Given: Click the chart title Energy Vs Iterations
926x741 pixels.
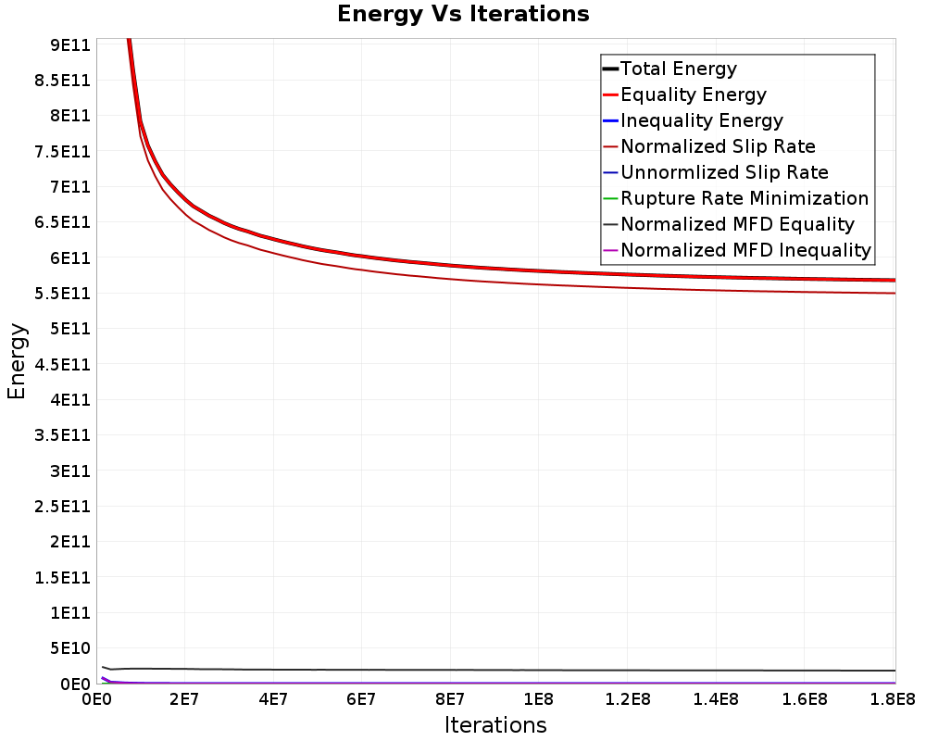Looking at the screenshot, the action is pyautogui.click(x=463, y=14).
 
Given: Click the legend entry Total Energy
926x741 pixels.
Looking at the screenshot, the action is pyautogui.click(x=679, y=69).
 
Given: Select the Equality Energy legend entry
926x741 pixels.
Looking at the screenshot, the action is pyautogui.click(x=694, y=94).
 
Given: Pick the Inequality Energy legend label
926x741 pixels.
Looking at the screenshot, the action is pyautogui.click(x=702, y=120).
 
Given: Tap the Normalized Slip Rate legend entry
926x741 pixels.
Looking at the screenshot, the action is pyautogui.click(x=719, y=146).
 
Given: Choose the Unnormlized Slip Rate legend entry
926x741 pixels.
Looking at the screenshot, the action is pyautogui.click(x=725, y=172).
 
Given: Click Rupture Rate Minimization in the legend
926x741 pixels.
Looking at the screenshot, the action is pyautogui.click(x=745, y=198).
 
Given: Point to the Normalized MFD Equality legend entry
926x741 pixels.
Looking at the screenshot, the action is pyautogui.click(x=738, y=224).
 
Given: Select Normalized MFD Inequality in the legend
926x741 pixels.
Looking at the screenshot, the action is pyautogui.click(x=745, y=250).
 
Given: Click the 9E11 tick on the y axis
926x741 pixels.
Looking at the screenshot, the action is pyautogui.click(x=69, y=44).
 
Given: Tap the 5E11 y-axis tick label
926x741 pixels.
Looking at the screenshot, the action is pyautogui.click(x=69, y=329).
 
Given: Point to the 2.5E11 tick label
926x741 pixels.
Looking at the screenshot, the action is pyautogui.click(x=63, y=507).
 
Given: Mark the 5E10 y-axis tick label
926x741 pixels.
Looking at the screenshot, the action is pyautogui.click(x=69, y=648).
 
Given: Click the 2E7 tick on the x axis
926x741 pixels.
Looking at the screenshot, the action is pyautogui.click(x=184, y=699).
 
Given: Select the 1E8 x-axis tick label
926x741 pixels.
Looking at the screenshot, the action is pyautogui.click(x=539, y=699).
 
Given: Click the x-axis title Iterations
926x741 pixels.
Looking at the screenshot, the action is pyautogui.click(x=495, y=725).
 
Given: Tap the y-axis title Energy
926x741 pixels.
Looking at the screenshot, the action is pyautogui.click(x=17, y=361).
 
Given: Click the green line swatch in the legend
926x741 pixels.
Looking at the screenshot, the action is pyautogui.click(x=610, y=198).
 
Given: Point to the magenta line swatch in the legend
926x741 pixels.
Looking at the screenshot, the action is pyautogui.click(x=610, y=250).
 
